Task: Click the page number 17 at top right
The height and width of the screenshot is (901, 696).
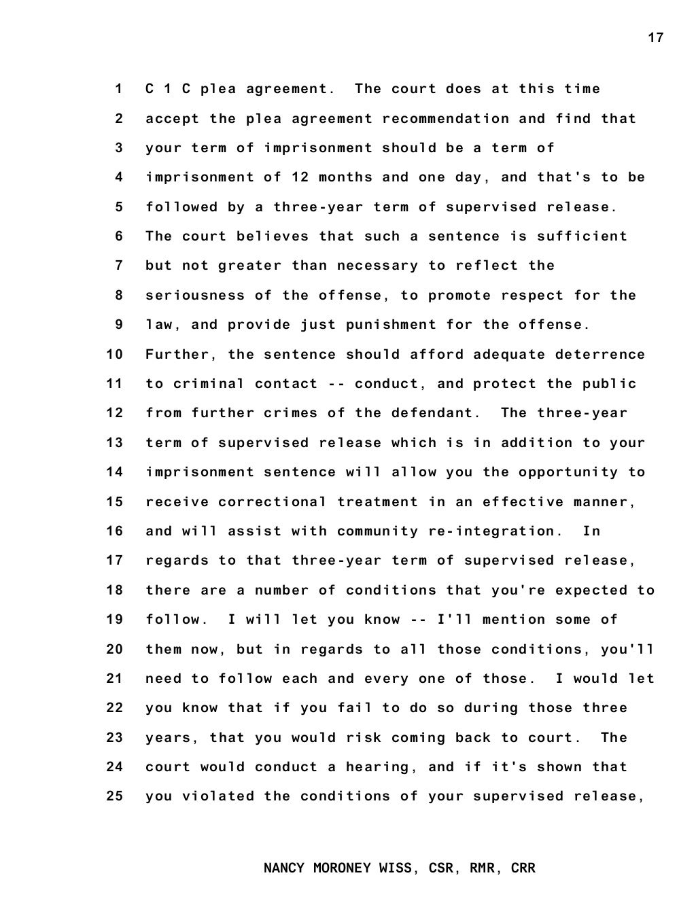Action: point(655,38)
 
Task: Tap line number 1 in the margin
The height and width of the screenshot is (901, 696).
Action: point(119,89)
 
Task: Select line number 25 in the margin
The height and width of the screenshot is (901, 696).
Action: point(115,796)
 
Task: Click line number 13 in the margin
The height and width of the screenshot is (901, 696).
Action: point(115,443)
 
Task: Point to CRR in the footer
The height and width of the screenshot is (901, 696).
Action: point(523,868)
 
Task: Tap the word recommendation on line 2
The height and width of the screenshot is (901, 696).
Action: point(445,119)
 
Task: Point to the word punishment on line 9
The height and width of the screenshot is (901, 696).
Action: point(391,325)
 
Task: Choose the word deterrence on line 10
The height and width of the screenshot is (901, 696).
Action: point(600,355)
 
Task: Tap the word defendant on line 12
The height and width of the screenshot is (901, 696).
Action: point(441,413)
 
